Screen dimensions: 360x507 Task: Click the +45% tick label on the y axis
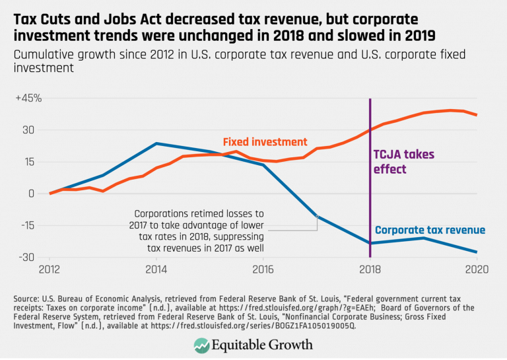[x=30, y=98]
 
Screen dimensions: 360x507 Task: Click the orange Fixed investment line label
[x=265, y=142]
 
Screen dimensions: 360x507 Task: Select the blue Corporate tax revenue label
[x=430, y=230]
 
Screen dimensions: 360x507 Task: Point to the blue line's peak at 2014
[x=156, y=143]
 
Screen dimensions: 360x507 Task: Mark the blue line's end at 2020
[x=477, y=252]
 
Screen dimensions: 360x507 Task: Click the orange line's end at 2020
[x=477, y=115]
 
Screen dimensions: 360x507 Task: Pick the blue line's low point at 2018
[x=370, y=243]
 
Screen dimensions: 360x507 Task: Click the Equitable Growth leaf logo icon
[x=202, y=345]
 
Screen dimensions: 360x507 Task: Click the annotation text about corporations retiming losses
[x=198, y=230]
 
